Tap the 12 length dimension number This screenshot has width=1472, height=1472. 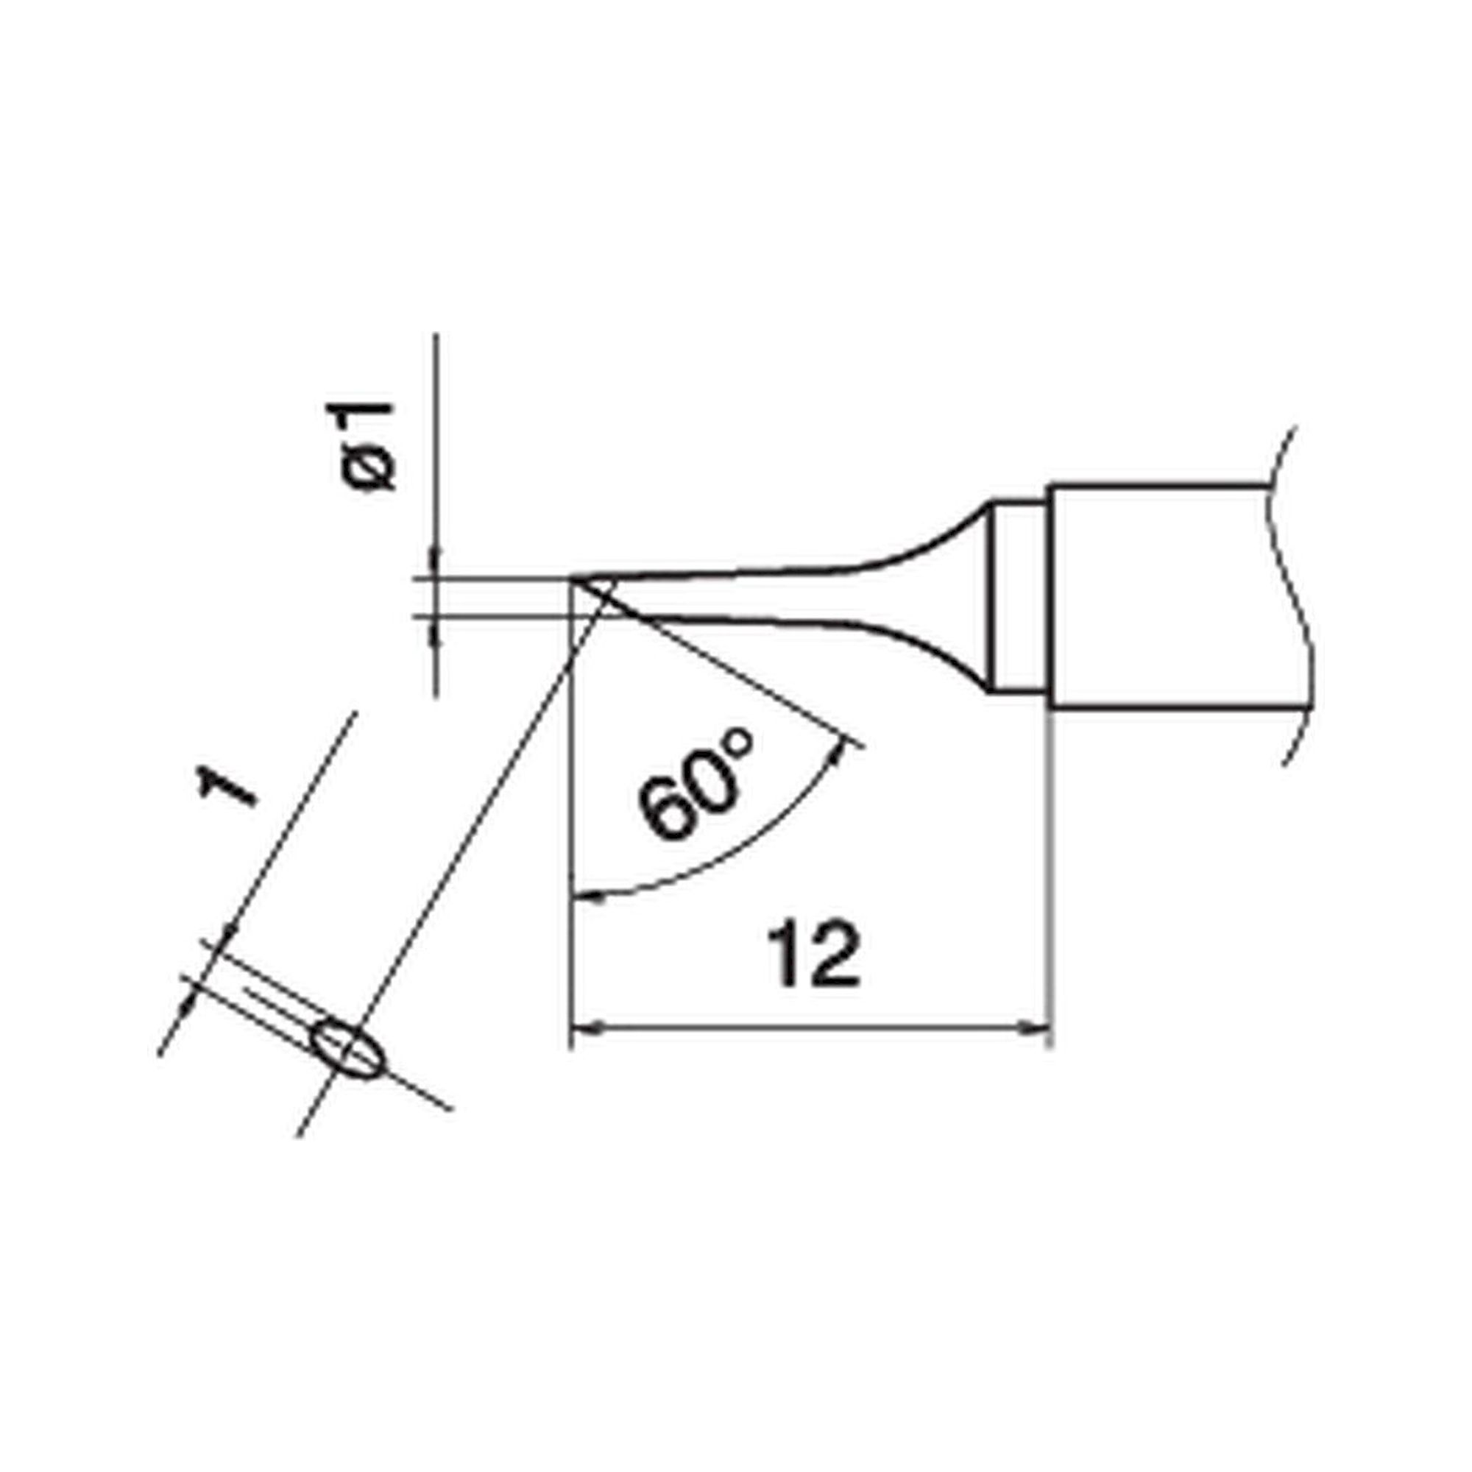(x=813, y=954)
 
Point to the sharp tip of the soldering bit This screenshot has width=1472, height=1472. (x=573, y=581)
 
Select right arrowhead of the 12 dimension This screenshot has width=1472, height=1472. (x=1039, y=1027)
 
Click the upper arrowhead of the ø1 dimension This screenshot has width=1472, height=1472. (x=435, y=555)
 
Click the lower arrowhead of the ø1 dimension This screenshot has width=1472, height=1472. (x=435, y=638)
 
